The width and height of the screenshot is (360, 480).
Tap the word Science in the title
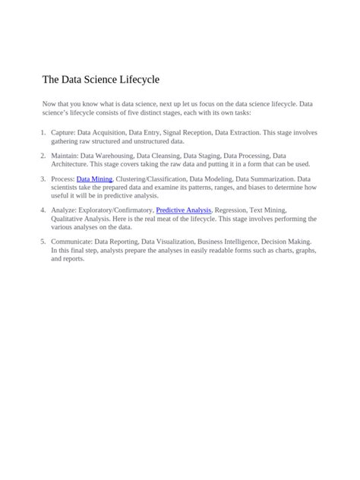(91, 80)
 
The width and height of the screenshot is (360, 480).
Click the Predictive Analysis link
(183, 210)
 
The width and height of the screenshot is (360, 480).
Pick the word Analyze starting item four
(64, 210)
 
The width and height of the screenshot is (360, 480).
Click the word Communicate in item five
(71, 241)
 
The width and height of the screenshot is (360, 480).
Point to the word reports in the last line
(73, 259)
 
